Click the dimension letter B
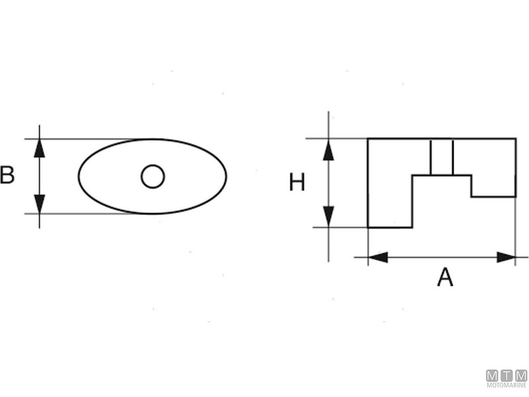coord(7,176)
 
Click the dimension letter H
coord(297,182)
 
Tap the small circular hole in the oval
coord(153,176)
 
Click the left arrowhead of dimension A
coord(378,257)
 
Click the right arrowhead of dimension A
coord(506,257)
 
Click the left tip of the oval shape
coord(79,176)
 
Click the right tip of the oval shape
coord(226,176)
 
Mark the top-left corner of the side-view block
coord(368,139)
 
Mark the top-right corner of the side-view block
coord(516,139)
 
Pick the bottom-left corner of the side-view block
coord(368,227)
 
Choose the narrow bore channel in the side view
coord(442,157)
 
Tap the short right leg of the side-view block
coord(493,185)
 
